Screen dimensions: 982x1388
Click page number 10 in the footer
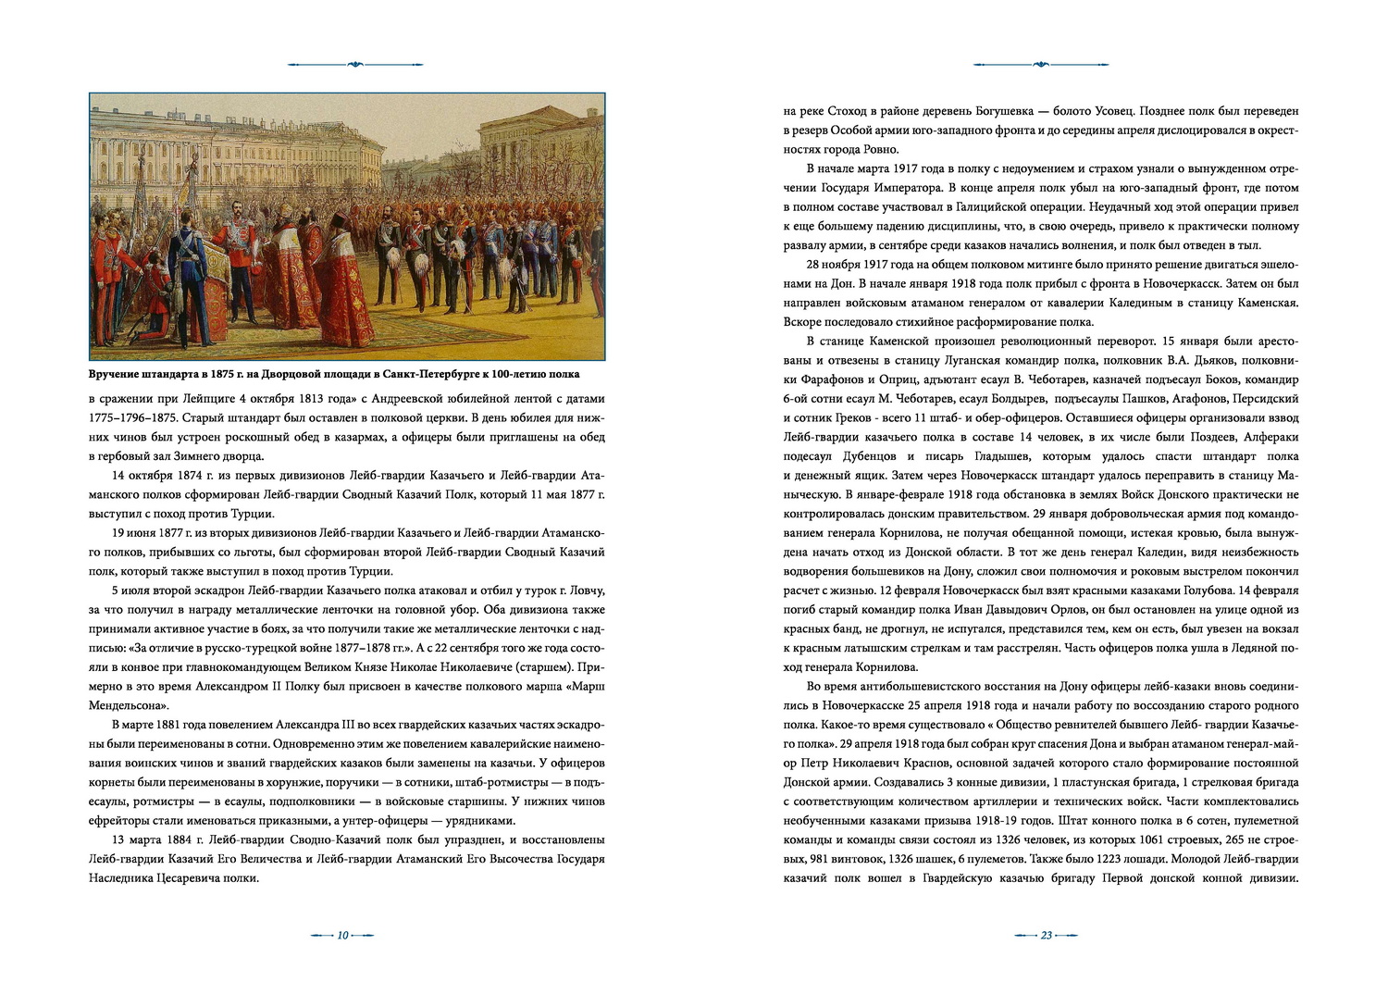point(341,935)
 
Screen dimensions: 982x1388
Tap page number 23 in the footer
point(1047,935)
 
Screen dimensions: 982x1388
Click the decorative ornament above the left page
point(355,65)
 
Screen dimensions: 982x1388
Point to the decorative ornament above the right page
point(1041,65)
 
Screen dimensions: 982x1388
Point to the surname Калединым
point(1090,303)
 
